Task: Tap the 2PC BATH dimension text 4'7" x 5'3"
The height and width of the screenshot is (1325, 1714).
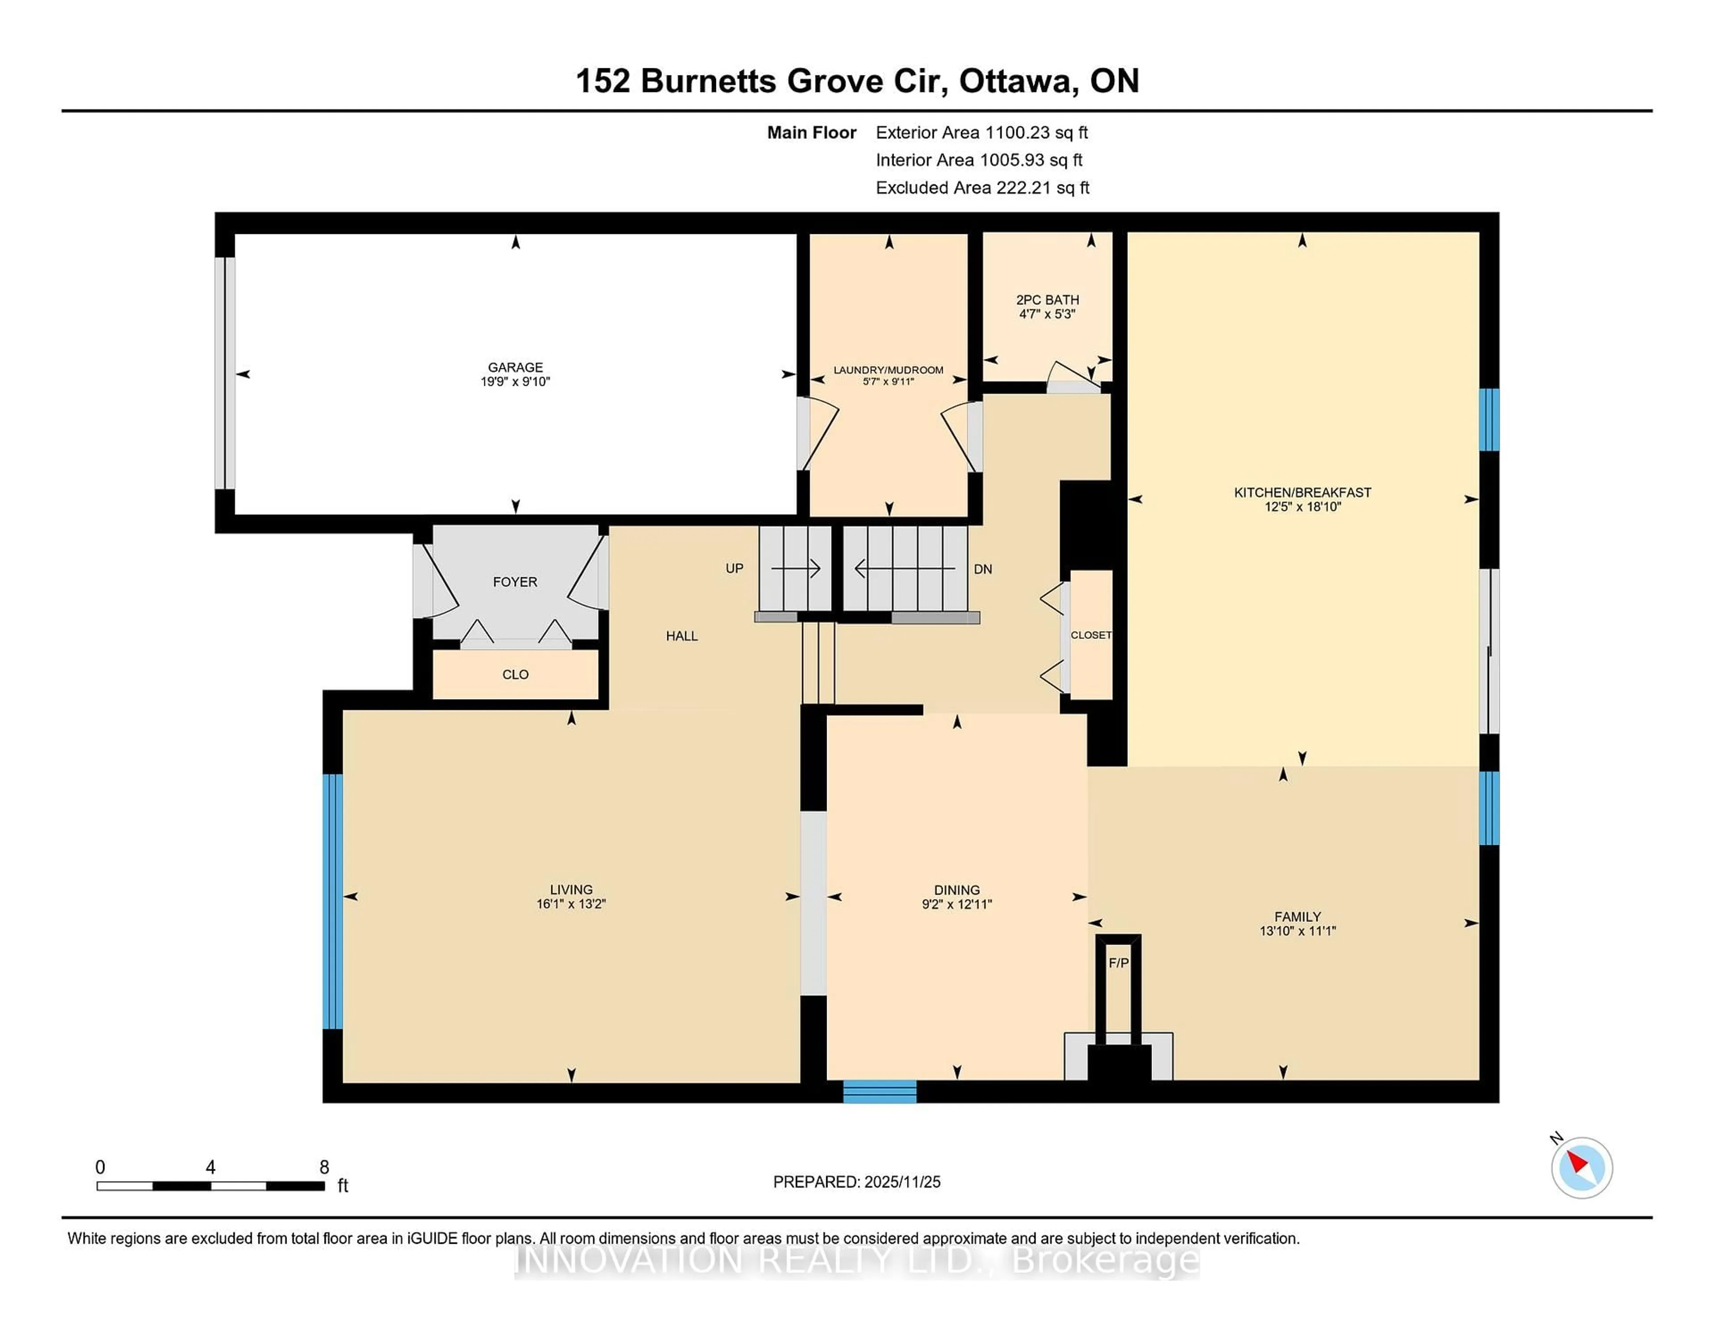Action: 1047,314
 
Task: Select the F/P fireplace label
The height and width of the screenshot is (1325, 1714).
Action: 1118,963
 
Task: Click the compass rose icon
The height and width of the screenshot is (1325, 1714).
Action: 1581,1168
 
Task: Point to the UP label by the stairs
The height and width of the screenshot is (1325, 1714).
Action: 734,568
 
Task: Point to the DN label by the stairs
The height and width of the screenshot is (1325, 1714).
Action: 982,569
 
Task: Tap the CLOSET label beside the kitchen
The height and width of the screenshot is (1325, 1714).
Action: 1091,635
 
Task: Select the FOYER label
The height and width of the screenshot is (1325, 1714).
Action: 515,582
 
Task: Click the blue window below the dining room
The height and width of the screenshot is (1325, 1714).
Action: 880,1091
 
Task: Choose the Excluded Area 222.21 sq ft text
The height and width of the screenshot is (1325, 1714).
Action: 982,187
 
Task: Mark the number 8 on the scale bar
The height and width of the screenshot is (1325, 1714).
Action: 324,1167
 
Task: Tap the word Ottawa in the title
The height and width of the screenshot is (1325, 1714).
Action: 1015,81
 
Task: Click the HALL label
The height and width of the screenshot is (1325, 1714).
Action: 681,636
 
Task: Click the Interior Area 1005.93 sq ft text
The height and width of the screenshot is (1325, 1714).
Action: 979,160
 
